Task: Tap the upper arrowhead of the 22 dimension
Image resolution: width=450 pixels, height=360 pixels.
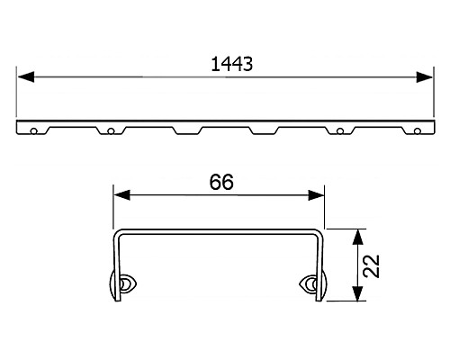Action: coord(359,236)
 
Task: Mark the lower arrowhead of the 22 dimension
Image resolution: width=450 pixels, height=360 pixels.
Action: coord(359,296)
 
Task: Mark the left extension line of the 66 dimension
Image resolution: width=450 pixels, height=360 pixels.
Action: coord(112,207)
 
